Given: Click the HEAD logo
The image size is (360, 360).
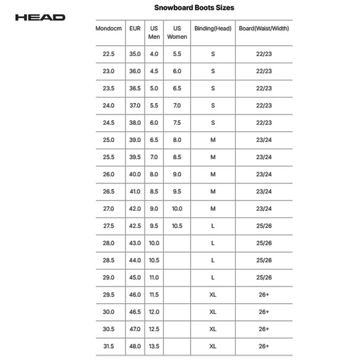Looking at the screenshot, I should tap(40, 17).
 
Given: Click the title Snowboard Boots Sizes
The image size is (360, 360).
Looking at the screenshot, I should tap(194, 8).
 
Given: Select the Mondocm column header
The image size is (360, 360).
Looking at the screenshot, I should tap(109, 28).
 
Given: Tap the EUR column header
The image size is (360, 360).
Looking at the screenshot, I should tap(135, 28).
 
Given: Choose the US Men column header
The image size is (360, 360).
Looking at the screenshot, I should tap(154, 33).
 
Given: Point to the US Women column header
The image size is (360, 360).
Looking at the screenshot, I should tap(177, 33).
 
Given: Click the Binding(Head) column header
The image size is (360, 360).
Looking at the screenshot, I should tap(213, 28).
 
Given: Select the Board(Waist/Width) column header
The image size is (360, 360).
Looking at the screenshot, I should tap(264, 28).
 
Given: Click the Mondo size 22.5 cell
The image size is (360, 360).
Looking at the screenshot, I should tap(109, 54).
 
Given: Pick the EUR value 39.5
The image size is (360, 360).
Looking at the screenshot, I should tap(135, 157).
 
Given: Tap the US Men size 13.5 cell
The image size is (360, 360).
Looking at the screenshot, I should tap(154, 346).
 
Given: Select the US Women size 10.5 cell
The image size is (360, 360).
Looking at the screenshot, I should tap(177, 226).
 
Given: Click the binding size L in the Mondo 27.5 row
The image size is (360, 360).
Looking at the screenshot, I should tap(213, 226).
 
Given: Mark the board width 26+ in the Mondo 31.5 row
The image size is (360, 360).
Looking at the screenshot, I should tap(264, 346).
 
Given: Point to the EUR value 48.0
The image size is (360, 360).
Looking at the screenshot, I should tap(135, 346).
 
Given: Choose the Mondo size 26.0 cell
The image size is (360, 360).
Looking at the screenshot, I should tap(109, 174).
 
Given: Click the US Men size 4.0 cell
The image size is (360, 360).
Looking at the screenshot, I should tap(154, 54).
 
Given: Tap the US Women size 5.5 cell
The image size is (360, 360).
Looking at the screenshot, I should tap(177, 54).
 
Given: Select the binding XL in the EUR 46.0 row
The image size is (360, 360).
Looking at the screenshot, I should tap(213, 294).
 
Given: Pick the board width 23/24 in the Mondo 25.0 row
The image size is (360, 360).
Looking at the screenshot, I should tap(264, 140).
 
